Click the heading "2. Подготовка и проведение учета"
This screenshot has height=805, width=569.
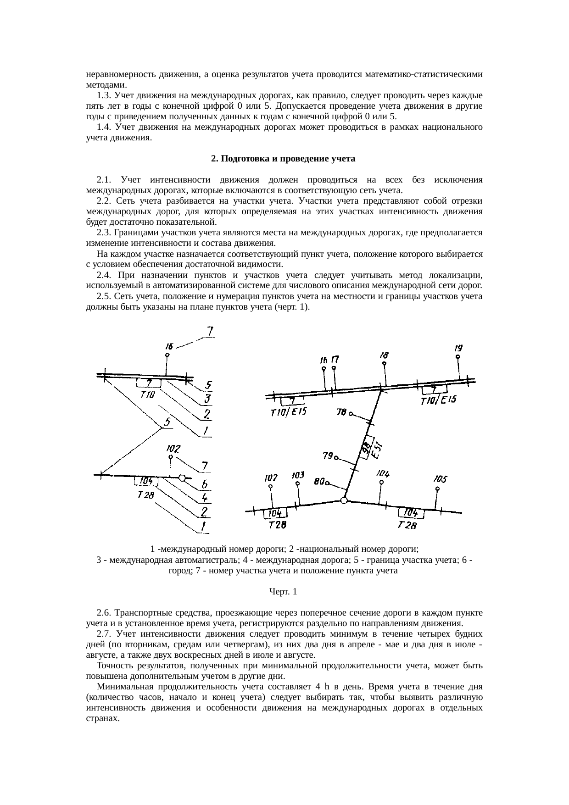283,159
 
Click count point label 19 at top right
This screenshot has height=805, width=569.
458,348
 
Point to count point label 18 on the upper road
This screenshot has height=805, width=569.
384,355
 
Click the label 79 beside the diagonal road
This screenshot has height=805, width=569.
328,456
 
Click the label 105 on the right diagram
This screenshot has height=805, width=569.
440,479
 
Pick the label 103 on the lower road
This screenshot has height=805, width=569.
298,475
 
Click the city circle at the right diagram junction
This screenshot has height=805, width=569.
344,500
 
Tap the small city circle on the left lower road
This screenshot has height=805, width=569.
182,478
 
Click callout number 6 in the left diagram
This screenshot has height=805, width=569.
205,484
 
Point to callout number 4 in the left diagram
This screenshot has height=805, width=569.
205,497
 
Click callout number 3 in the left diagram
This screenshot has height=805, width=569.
207,399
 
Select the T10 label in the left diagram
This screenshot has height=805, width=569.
148,395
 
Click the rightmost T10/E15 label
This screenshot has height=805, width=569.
439,400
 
